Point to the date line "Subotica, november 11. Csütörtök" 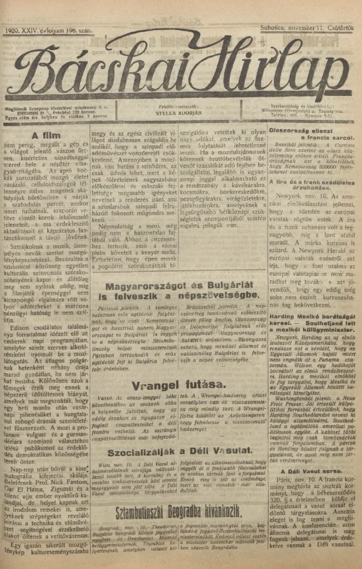(x=309, y=29)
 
